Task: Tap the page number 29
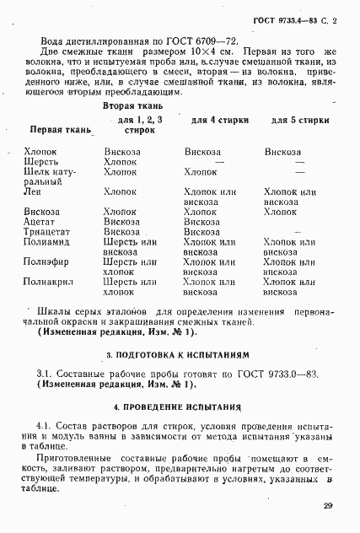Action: [327, 506]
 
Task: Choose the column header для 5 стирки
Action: [299, 121]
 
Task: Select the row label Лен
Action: [34, 191]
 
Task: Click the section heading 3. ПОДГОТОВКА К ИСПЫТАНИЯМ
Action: [179, 354]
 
